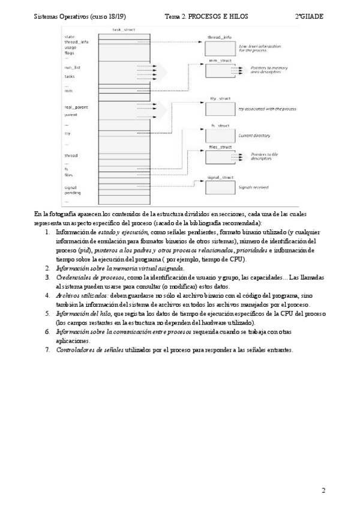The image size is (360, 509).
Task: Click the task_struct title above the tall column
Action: pos(122,29)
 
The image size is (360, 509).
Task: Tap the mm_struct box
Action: pos(220,71)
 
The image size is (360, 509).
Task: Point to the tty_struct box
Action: pos(220,107)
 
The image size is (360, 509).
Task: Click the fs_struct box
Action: pos(220,136)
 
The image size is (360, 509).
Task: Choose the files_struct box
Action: pos(220,157)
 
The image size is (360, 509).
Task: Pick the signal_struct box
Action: pos(220,187)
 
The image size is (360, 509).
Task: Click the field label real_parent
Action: pos(76,107)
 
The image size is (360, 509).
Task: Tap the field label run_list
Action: pos(73,68)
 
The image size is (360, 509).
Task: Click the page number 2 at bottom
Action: pos(323,490)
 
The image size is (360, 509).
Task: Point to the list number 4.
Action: pos(47,296)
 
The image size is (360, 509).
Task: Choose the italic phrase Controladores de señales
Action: pos(89,350)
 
